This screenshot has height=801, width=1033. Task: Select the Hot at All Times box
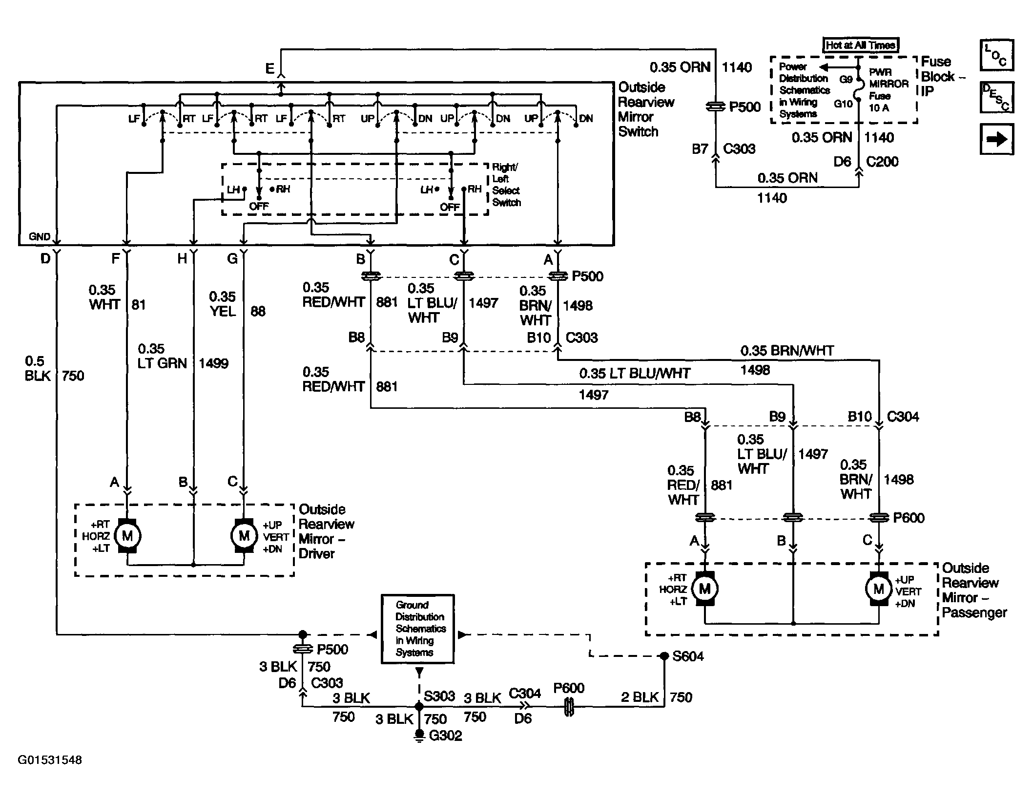(861, 45)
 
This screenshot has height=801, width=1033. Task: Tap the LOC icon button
(997, 55)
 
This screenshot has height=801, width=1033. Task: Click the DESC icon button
(997, 97)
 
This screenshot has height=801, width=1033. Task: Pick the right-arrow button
(997, 139)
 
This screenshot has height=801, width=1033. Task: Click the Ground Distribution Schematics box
(417, 629)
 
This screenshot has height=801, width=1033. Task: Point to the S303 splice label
(439, 696)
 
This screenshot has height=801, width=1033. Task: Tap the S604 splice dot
(664, 656)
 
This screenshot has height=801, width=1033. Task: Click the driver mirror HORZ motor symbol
(127, 536)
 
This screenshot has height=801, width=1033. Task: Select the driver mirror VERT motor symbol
(244, 536)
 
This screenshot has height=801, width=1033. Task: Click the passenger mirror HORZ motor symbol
(704, 589)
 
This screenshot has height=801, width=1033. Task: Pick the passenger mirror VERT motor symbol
(879, 589)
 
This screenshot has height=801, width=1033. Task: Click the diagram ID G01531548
(50, 760)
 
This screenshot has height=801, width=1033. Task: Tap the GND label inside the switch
(40, 237)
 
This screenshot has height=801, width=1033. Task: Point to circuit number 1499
(213, 363)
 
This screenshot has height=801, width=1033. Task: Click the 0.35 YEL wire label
(223, 304)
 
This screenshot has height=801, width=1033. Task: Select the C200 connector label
(882, 162)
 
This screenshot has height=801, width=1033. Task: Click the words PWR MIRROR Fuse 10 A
(888, 90)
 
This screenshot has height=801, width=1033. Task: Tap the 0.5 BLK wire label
(38, 368)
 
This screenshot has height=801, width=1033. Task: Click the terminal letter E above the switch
(270, 69)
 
